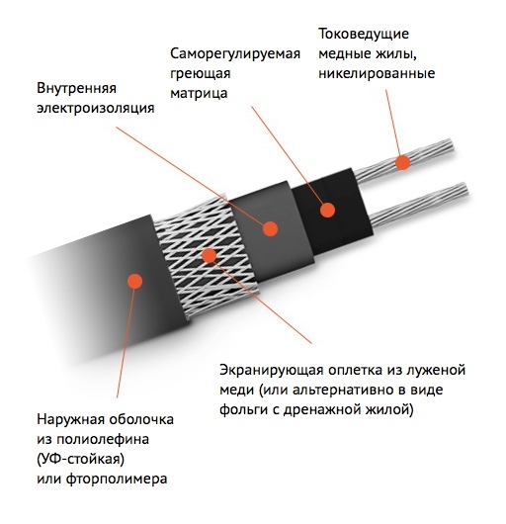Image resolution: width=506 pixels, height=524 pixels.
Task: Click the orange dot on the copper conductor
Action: (402, 162)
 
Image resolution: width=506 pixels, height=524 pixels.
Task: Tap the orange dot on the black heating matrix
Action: (327, 210)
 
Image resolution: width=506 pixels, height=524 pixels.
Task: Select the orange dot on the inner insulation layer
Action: (270, 229)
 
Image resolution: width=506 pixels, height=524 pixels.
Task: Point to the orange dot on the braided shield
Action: (210, 255)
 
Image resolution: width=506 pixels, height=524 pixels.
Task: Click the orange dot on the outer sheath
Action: (135, 281)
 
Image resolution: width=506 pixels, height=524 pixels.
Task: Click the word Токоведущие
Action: (364, 34)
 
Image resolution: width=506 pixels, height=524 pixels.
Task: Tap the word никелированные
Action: (377, 73)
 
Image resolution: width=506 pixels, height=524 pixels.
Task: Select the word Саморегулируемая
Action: (235, 53)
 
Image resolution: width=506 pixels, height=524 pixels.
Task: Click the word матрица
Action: (199, 93)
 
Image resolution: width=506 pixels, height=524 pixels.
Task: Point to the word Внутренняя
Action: (76, 88)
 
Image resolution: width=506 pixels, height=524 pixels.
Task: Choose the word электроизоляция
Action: (96, 108)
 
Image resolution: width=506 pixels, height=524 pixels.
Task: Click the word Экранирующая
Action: (271, 371)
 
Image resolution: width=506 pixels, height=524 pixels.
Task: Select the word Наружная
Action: (71, 419)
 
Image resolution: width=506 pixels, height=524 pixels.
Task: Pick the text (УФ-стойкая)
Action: (80, 459)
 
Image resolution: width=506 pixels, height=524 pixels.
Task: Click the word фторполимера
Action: (117, 479)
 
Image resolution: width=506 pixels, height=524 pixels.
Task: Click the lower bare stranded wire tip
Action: (464, 190)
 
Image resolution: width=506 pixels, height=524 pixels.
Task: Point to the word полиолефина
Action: (102, 439)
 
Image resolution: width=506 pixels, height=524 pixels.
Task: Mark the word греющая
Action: (201, 74)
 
